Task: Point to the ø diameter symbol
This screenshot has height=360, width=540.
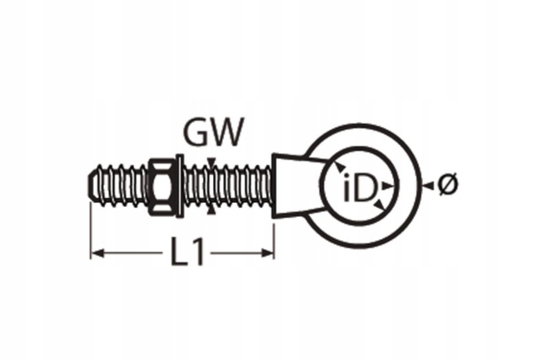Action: coord(448,185)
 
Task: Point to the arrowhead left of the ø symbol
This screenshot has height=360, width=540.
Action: coord(429,185)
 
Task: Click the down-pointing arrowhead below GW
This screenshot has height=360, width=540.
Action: coord(212,161)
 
